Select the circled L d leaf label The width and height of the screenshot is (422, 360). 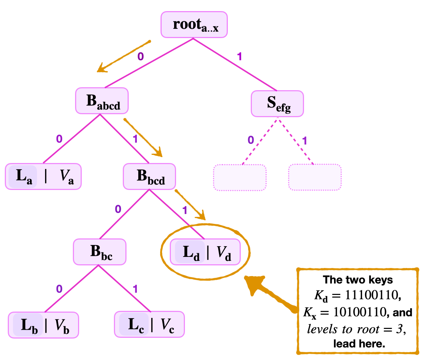(190, 252)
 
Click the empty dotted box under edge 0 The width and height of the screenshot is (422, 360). (240, 177)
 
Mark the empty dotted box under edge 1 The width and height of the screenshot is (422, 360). (315, 177)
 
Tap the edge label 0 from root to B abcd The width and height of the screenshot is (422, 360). (140, 56)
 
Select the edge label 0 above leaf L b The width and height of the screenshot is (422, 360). (60, 289)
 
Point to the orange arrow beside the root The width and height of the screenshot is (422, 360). (123, 56)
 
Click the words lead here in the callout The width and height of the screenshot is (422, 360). (359, 343)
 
